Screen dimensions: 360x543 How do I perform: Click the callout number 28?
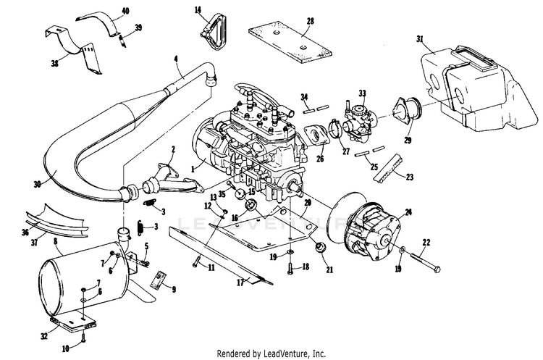[310, 22]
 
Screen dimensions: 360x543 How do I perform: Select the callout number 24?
[409, 212]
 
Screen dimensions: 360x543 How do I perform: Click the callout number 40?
[125, 11]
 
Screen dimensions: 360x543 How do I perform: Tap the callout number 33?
[362, 93]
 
